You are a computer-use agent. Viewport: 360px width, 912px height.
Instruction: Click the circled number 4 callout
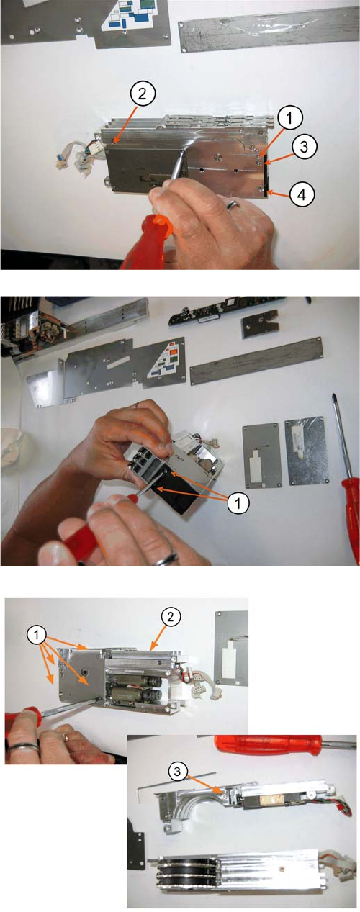[302, 194]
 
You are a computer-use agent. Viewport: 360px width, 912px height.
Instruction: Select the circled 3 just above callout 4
[304, 147]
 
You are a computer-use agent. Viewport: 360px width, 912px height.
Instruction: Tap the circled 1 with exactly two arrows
[238, 504]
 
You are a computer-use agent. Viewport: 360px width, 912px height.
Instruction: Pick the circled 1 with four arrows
[37, 635]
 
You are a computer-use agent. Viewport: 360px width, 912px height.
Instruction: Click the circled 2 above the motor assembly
[170, 617]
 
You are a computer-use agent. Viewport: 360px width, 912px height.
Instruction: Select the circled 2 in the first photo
[142, 94]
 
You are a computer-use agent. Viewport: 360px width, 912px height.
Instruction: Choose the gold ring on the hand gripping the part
[138, 405]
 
